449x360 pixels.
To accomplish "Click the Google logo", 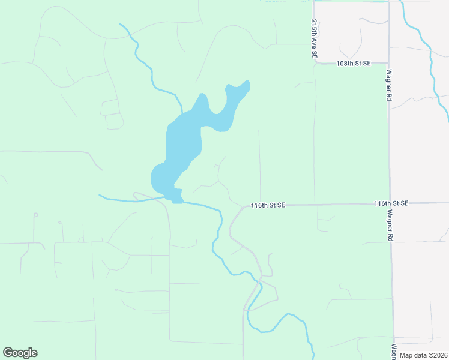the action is pyautogui.click(x=20, y=353).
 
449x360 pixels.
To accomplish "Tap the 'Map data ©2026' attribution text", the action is pyautogui.click(x=424, y=355).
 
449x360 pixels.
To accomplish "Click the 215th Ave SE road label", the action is pyautogui.click(x=314, y=38).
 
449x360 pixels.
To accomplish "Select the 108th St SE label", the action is pyautogui.click(x=354, y=63).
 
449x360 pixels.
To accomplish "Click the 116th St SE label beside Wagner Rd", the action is pyautogui.click(x=391, y=204).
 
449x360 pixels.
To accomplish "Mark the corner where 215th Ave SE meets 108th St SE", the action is pyautogui.click(x=315, y=62).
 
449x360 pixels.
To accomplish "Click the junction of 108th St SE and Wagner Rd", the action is pyautogui.click(x=389, y=62).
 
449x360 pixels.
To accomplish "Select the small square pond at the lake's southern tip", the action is pyautogui.click(x=176, y=196).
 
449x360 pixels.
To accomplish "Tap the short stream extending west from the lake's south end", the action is pyautogui.click(x=129, y=200).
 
